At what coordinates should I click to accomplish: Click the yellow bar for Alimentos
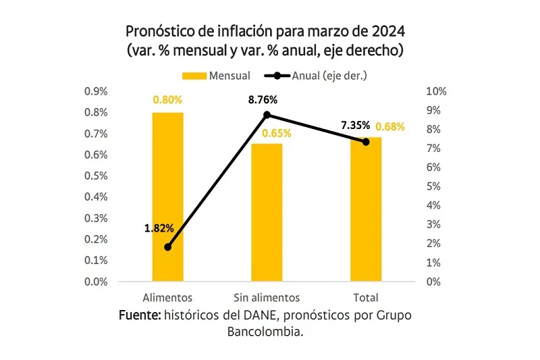click(x=168, y=197)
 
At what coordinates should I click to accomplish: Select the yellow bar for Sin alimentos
click(x=267, y=213)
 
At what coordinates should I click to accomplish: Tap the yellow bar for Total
click(x=366, y=209)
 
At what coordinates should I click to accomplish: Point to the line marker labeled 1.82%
click(x=168, y=247)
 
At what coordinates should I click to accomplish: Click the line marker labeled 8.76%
click(x=267, y=115)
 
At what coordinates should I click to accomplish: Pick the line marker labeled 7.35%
click(x=366, y=142)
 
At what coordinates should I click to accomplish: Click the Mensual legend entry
click(x=216, y=76)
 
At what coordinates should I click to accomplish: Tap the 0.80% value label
click(x=167, y=100)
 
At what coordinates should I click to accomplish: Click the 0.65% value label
click(x=277, y=133)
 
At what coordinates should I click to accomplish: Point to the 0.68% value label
click(x=390, y=126)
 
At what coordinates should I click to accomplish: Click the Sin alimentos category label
click(x=266, y=297)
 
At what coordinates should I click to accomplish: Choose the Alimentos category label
click(x=168, y=297)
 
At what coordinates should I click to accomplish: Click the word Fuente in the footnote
click(x=138, y=315)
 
